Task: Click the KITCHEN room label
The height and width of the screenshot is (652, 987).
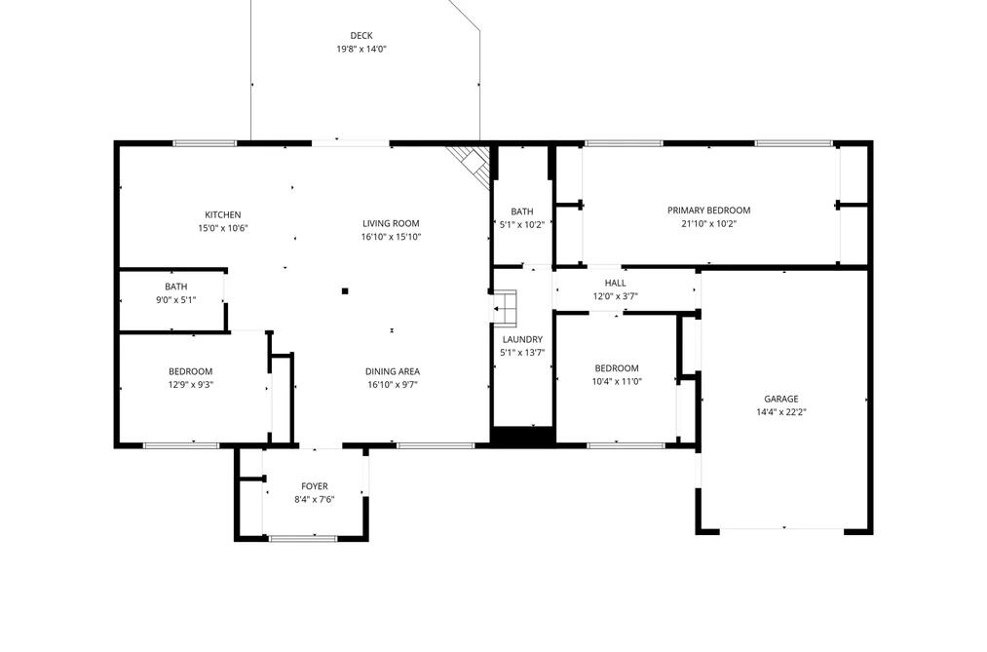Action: point(223,214)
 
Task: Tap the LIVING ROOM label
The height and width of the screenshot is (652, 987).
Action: point(391,223)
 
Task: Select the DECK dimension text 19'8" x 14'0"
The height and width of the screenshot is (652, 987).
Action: point(361,49)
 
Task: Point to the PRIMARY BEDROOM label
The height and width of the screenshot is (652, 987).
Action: point(708,211)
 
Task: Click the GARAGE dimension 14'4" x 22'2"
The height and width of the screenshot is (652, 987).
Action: point(781,412)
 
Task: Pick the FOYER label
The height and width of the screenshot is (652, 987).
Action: point(314,486)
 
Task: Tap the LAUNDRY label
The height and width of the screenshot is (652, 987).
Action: point(522,340)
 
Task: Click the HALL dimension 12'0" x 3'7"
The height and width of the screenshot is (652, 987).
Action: point(616,296)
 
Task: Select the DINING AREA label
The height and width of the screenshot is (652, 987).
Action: point(392,372)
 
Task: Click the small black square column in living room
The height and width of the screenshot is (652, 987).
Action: point(345,290)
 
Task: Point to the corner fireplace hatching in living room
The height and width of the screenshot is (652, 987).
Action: point(472,164)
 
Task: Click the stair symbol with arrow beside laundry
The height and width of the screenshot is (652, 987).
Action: point(504,308)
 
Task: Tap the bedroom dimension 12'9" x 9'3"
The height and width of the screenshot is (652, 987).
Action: point(191,385)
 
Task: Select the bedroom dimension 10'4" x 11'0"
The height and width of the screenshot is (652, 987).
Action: point(617,381)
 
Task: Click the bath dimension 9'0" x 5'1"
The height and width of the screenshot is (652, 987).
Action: point(176,300)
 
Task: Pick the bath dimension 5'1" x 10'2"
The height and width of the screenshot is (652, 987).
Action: point(522,225)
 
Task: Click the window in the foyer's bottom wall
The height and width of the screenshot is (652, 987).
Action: point(303,538)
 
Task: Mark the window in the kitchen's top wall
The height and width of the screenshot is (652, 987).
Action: point(206,143)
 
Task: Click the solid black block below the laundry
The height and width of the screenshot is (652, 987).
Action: point(522,437)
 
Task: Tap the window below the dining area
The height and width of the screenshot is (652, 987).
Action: point(436,445)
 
